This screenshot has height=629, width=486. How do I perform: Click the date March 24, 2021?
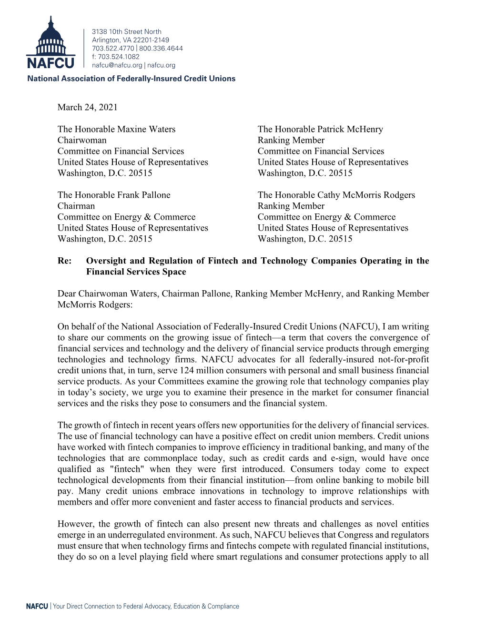click(87, 107)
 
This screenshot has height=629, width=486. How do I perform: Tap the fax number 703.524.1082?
click(119, 57)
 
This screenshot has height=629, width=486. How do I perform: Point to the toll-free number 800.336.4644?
click(161, 48)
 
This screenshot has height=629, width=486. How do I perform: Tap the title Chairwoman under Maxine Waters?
click(82, 140)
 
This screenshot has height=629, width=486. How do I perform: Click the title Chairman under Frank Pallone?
click(76, 206)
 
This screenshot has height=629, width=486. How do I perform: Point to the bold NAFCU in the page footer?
click(37, 606)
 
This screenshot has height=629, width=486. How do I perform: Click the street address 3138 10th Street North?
click(126, 31)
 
